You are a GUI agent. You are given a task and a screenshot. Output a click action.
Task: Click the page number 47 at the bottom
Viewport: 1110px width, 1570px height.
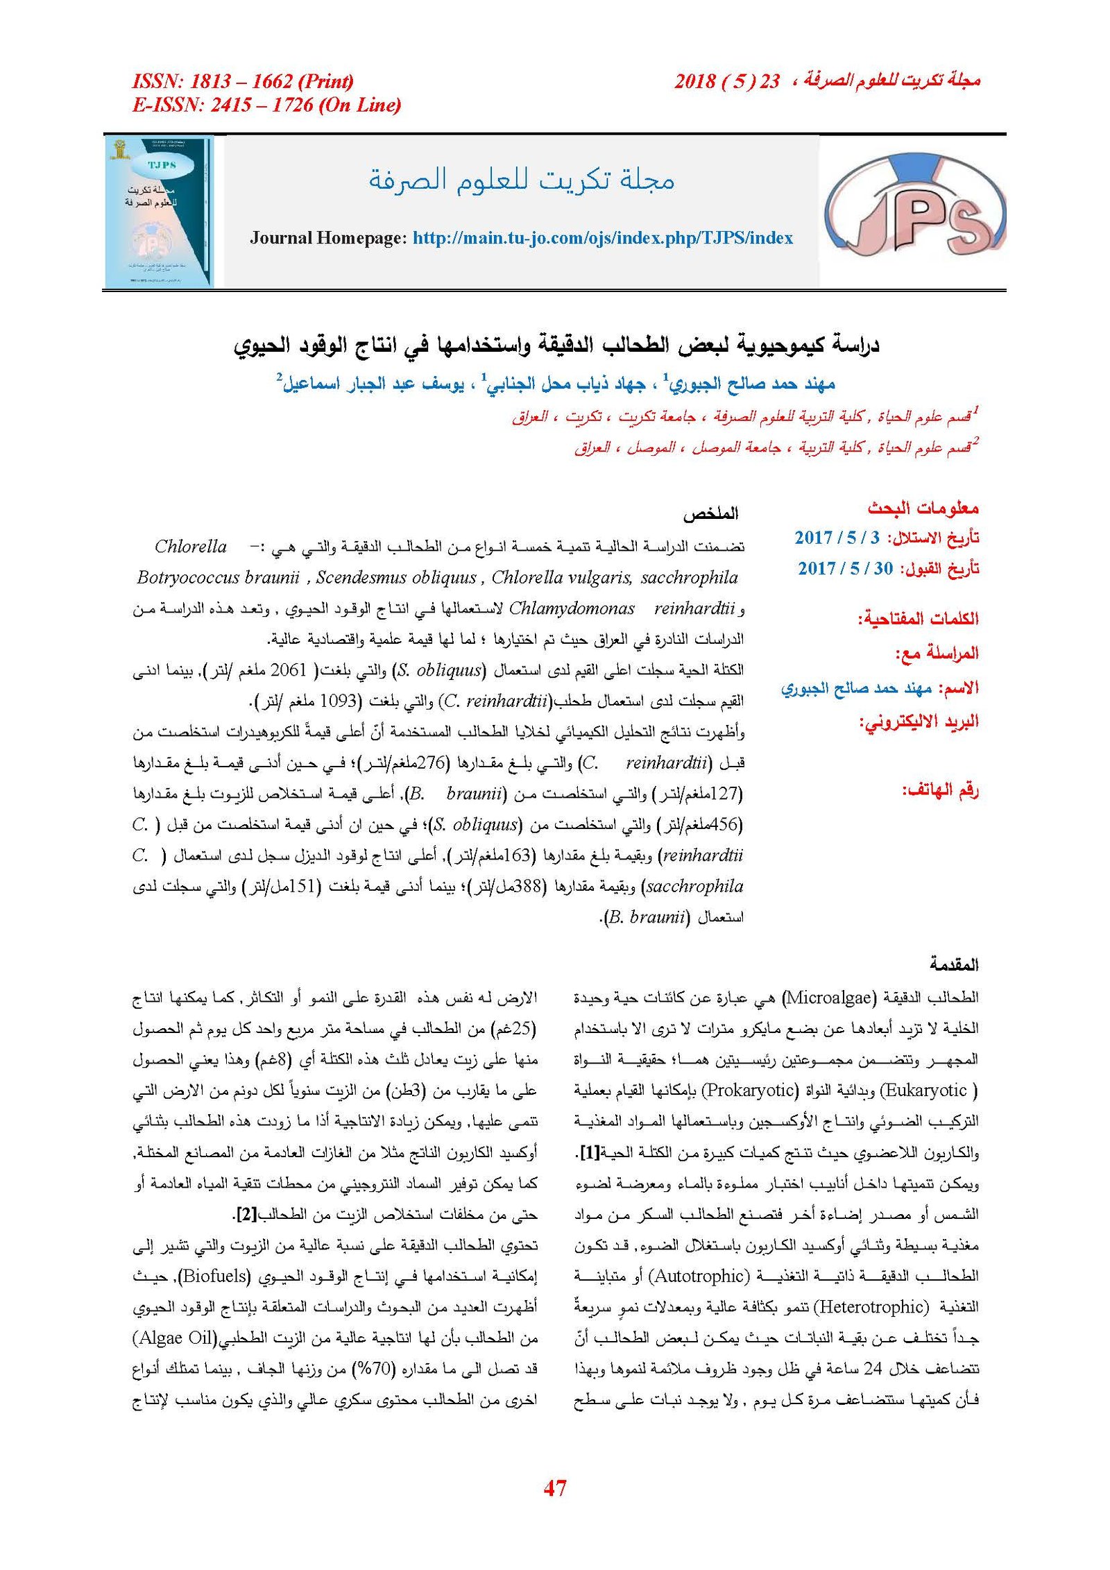coord(555,1487)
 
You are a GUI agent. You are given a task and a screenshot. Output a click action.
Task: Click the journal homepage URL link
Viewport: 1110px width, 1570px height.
coord(602,238)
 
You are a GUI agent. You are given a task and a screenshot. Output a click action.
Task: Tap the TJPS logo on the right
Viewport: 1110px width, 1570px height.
coord(914,211)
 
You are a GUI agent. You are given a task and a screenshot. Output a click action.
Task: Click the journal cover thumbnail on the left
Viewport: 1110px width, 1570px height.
coord(159,212)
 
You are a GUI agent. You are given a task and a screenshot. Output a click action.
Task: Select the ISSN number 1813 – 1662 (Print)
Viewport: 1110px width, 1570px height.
coord(243,81)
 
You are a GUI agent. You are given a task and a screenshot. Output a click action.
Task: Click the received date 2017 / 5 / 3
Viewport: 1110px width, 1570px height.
coord(837,537)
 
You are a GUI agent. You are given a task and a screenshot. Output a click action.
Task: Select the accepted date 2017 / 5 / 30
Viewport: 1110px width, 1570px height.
coord(845,568)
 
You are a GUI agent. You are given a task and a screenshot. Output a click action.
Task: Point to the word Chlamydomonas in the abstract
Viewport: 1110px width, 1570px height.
coord(572,608)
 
